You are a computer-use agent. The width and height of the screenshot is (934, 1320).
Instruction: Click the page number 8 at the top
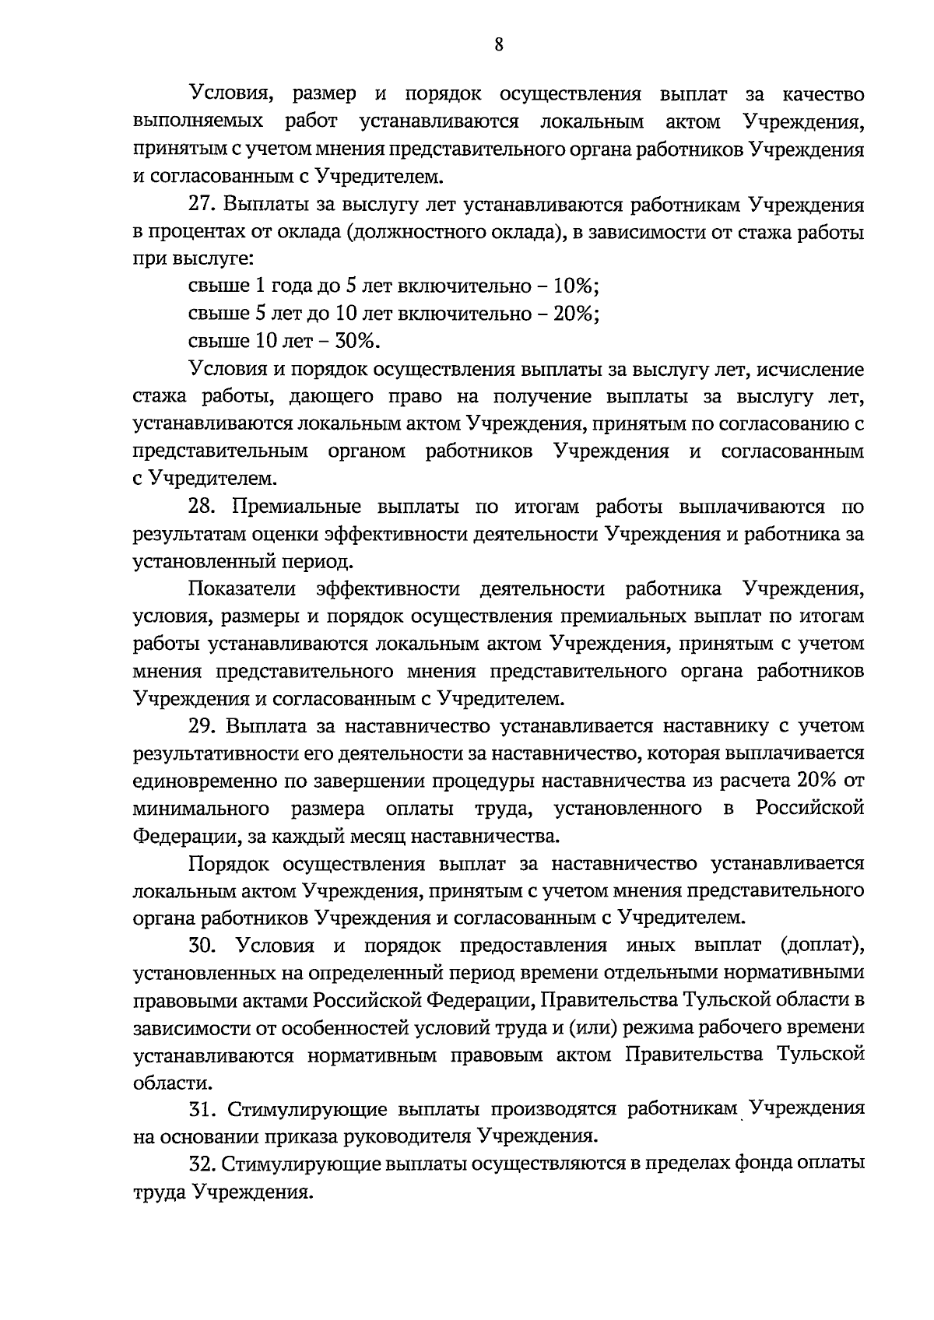point(498,45)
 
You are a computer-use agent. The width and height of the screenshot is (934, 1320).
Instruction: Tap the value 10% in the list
point(575,286)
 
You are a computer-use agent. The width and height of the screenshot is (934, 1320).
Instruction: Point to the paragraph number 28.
point(204,507)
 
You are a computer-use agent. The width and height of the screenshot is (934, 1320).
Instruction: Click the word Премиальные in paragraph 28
point(296,507)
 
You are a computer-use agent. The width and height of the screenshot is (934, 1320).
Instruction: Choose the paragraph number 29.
point(204,726)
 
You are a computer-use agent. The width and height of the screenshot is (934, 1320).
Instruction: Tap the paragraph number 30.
point(204,946)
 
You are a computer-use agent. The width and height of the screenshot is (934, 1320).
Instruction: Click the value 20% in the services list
point(575,314)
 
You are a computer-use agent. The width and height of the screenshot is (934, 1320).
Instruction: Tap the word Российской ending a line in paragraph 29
point(809,809)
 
